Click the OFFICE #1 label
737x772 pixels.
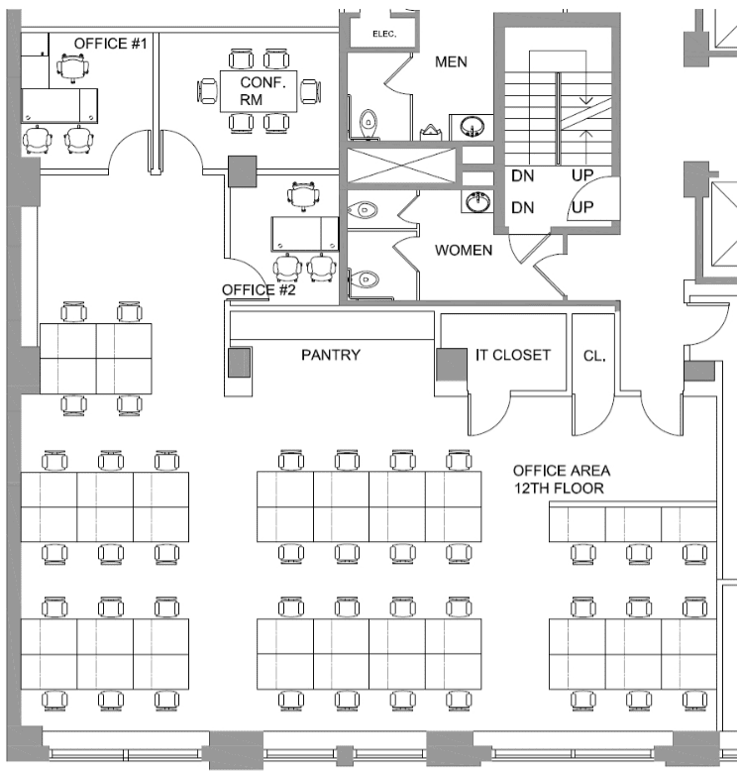click(111, 44)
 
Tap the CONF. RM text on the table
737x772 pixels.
click(263, 91)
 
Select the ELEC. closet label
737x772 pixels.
click(383, 34)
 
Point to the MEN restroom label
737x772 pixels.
click(451, 62)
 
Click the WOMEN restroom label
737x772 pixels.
click(463, 250)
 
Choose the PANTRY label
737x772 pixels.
click(331, 355)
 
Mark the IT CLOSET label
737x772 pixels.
click(512, 355)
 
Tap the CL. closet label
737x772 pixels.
click(594, 355)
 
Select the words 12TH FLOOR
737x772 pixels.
click(558, 489)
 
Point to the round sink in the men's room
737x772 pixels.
click(471, 126)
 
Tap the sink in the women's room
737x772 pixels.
click(476, 201)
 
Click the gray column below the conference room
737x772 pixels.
click(242, 171)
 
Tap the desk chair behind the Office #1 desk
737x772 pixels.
click(70, 66)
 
